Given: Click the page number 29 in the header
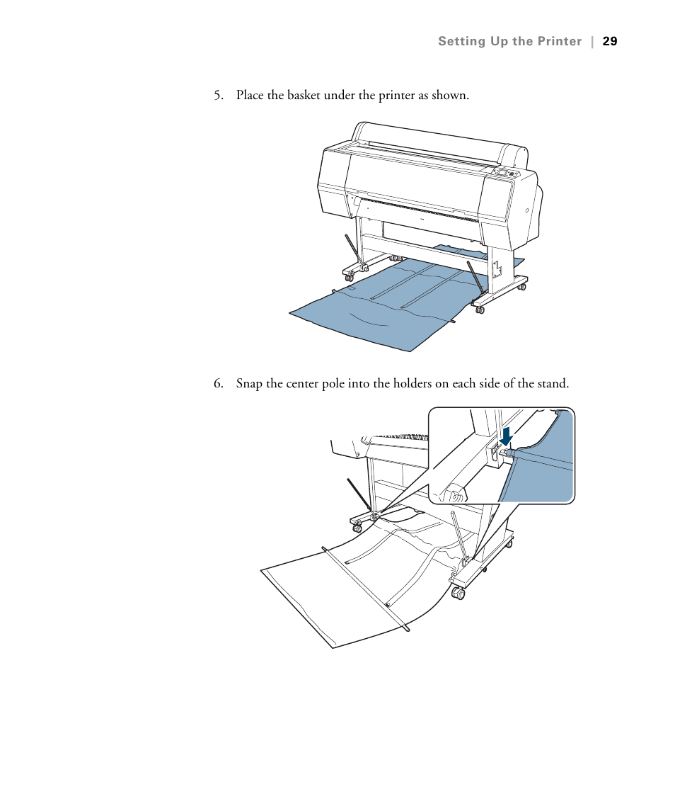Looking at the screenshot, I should (x=610, y=41).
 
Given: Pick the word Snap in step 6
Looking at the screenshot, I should (x=248, y=384).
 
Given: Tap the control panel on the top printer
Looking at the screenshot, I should (x=507, y=173).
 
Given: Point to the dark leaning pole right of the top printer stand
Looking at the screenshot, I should (x=474, y=277).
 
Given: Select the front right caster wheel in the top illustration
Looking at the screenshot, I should (x=479, y=308).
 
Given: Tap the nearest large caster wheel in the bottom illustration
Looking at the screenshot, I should (x=458, y=594).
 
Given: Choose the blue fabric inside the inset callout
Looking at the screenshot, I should (x=545, y=475).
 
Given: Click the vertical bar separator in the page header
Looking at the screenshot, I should (x=592, y=41).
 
